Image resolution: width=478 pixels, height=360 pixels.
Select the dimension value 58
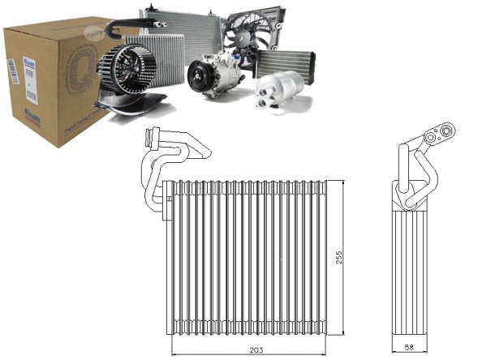(x=410, y=349)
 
